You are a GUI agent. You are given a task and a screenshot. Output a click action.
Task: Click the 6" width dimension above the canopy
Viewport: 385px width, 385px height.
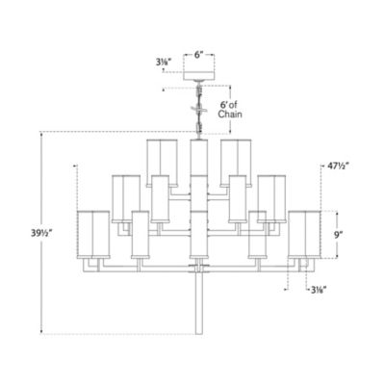[x=199, y=56]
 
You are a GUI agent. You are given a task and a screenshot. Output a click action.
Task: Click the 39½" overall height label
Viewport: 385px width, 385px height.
[x=20, y=232]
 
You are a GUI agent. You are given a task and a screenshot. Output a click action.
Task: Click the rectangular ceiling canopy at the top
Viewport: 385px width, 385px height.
[x=199, y=73]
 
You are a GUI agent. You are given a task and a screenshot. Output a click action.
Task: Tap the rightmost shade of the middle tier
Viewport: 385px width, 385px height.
[x=273, y=193]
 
